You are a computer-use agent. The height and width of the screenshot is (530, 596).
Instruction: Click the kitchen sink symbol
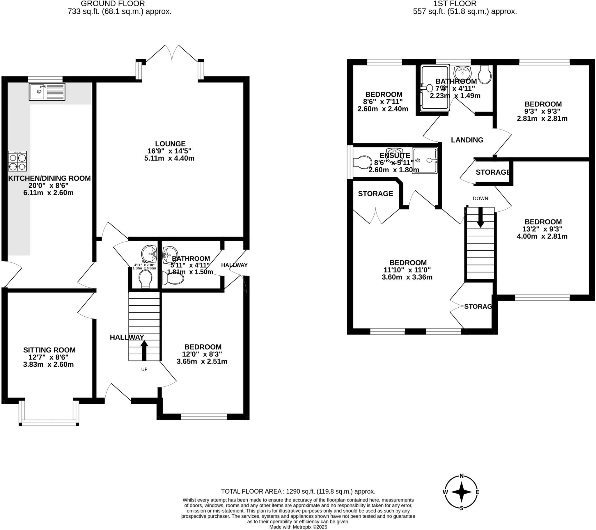47,92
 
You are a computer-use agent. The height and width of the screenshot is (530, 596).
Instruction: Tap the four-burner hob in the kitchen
17,161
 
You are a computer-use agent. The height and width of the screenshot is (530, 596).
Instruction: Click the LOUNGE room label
170,144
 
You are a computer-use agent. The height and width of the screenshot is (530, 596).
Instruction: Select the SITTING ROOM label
49,350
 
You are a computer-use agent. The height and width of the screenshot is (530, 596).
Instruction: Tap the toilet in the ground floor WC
146,279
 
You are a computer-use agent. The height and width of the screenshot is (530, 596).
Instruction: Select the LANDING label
467,140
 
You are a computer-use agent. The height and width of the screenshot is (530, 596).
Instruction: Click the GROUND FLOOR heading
113,4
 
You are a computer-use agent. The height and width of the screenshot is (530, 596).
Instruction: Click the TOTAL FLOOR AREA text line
298,492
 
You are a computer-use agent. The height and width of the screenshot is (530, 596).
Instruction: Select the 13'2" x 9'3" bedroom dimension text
542,229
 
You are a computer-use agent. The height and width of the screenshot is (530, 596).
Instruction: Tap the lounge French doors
172,54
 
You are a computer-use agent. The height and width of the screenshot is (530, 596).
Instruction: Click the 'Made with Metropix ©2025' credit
298,527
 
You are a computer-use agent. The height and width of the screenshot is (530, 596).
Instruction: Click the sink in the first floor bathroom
462,72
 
